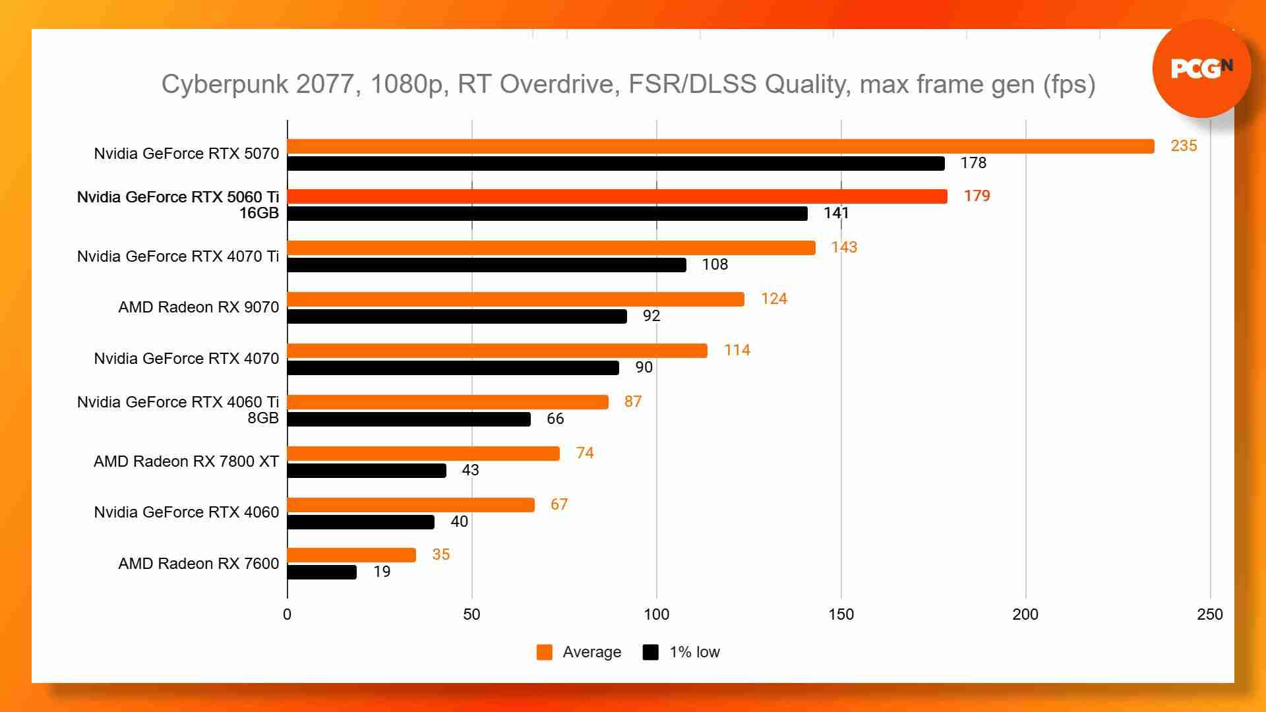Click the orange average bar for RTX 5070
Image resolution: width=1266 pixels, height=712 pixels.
coord(721,146)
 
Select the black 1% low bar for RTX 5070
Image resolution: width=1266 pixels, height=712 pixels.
coord(616,163)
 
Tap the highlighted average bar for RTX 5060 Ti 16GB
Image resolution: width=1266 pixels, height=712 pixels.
coord(617,196)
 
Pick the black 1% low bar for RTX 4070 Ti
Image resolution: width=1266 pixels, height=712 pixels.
coord(487,265)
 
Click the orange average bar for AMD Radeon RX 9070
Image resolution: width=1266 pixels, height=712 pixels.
coord(516,299)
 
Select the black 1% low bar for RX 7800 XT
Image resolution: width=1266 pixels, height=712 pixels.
coord(367,471)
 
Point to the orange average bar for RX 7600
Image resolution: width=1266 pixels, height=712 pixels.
coord(351,555)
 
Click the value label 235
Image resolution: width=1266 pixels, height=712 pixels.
coord(1183,146)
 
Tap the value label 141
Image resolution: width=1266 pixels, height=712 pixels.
coord(835,213)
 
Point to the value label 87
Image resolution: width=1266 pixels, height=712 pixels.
coord(632,401)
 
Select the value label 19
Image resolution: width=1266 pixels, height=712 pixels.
coord(382,572)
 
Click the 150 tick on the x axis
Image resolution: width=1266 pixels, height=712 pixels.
coord(841,614)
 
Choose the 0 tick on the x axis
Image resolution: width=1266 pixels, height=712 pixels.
coord(287,614)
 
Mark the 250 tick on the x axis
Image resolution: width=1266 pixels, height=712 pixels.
coord(1209,614)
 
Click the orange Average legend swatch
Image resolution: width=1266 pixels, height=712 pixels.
coord(545,652)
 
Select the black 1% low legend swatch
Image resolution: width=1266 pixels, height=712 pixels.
coord(651,652)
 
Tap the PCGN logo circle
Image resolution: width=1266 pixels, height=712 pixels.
coord(1201,69)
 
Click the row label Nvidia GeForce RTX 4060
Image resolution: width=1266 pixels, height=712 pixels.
coord(186,512)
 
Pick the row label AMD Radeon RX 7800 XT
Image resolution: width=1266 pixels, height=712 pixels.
coord(186,461)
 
